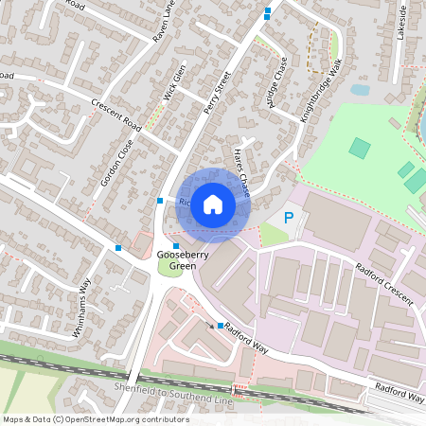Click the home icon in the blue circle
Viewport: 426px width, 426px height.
[x=213, y=204]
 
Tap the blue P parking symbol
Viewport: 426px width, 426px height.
[x=290, y=219]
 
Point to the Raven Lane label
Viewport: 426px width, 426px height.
[x=165, y=21]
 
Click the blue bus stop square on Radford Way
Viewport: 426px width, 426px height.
[x=221, y=326]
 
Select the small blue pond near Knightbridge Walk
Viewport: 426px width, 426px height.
[x=360, y=91]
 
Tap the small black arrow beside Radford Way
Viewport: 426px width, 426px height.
[x=211, y=324]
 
